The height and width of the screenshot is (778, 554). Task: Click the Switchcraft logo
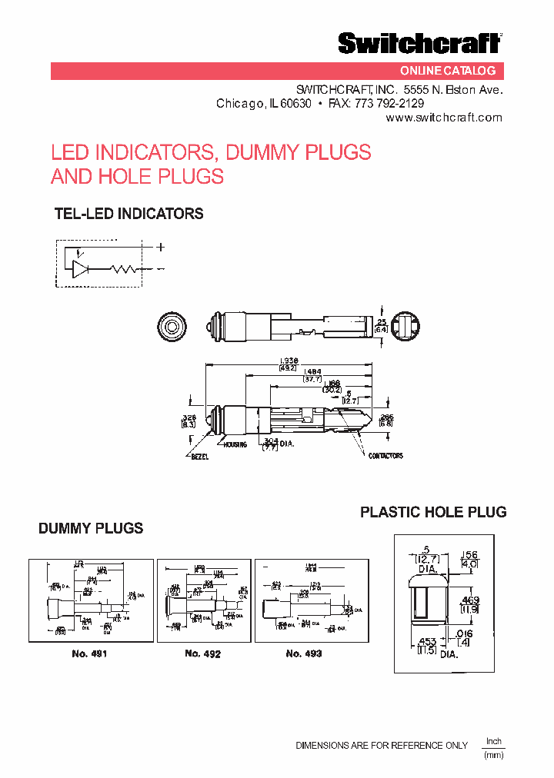[x=419, y=43]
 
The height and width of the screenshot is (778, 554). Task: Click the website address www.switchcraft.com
[x=444, y=118]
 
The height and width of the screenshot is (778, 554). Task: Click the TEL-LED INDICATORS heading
[x=128, y=214]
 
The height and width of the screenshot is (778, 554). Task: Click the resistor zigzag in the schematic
[x=123, y=269]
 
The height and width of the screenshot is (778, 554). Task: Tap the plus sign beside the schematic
[x=161, y=248]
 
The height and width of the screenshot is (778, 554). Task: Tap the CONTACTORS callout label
[x=385, y=456]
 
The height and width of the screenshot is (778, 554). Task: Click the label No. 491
[x=88, y=653]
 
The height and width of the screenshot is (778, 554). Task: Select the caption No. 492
[x=203, y=653]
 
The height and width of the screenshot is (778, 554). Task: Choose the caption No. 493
[x=304, y=653]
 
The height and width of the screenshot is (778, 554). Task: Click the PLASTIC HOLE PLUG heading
[x=433, y=512]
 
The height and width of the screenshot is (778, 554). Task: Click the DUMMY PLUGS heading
[x=91, y=528]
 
